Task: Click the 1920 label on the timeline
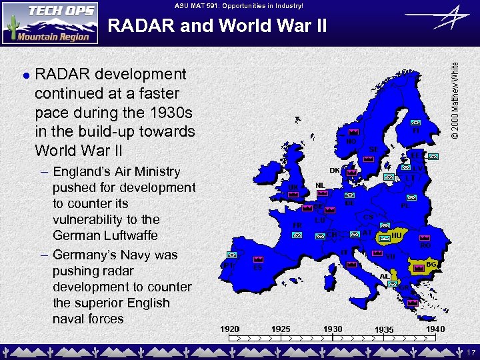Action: point(230,329)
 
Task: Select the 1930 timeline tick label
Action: point(333,329)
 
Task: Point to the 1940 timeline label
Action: point(434,329)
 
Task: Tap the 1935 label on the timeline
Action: point(384,329)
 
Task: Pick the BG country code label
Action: point(431,265)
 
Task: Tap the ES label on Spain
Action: point(257,268)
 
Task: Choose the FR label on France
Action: point(297,225)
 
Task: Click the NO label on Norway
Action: point(351,141)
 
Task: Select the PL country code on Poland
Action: point(405,205)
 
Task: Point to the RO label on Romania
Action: point(425,245)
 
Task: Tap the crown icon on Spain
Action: point(258,259)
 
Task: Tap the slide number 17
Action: point(470,351)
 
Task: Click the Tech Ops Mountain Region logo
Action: point(50,22)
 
